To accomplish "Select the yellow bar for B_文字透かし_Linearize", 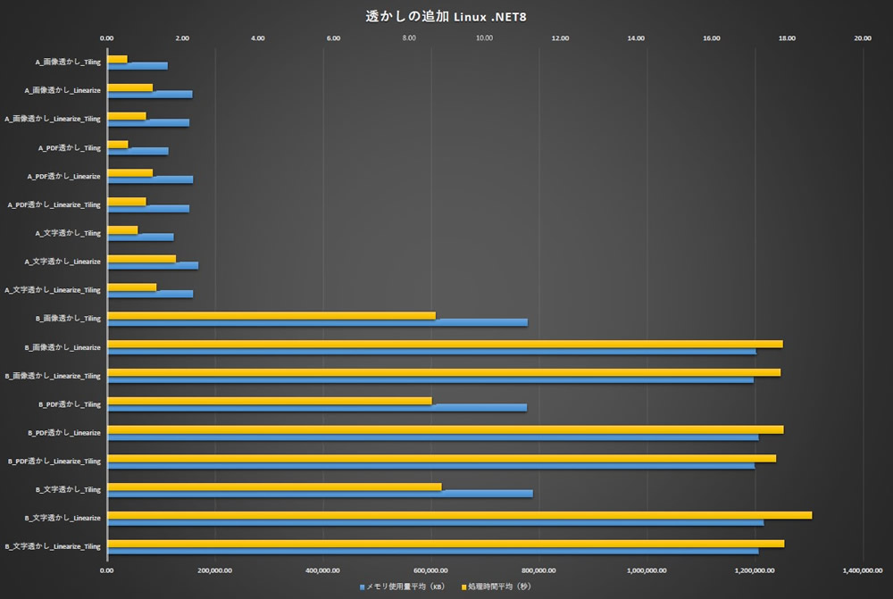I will coord(459,515).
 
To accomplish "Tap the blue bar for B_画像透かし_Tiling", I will coord(317,322).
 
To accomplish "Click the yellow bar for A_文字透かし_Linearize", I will coord(141,258).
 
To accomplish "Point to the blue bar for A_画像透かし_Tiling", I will coord(138,66).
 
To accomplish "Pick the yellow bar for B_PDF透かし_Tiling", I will coord(269,401).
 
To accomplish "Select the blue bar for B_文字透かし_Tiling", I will coord(320,494).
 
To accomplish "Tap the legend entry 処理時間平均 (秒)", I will coord(496,587).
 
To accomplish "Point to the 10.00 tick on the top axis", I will coord(485,38).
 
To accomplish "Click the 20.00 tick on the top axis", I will coord(863,38).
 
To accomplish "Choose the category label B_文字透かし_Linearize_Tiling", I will coord(53,546).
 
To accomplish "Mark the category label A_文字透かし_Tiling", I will coord(68,233).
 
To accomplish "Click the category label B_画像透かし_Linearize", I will coord(63,347).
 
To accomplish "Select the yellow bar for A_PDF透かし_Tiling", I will coord(118,145).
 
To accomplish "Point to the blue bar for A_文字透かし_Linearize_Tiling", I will coord(150,294).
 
